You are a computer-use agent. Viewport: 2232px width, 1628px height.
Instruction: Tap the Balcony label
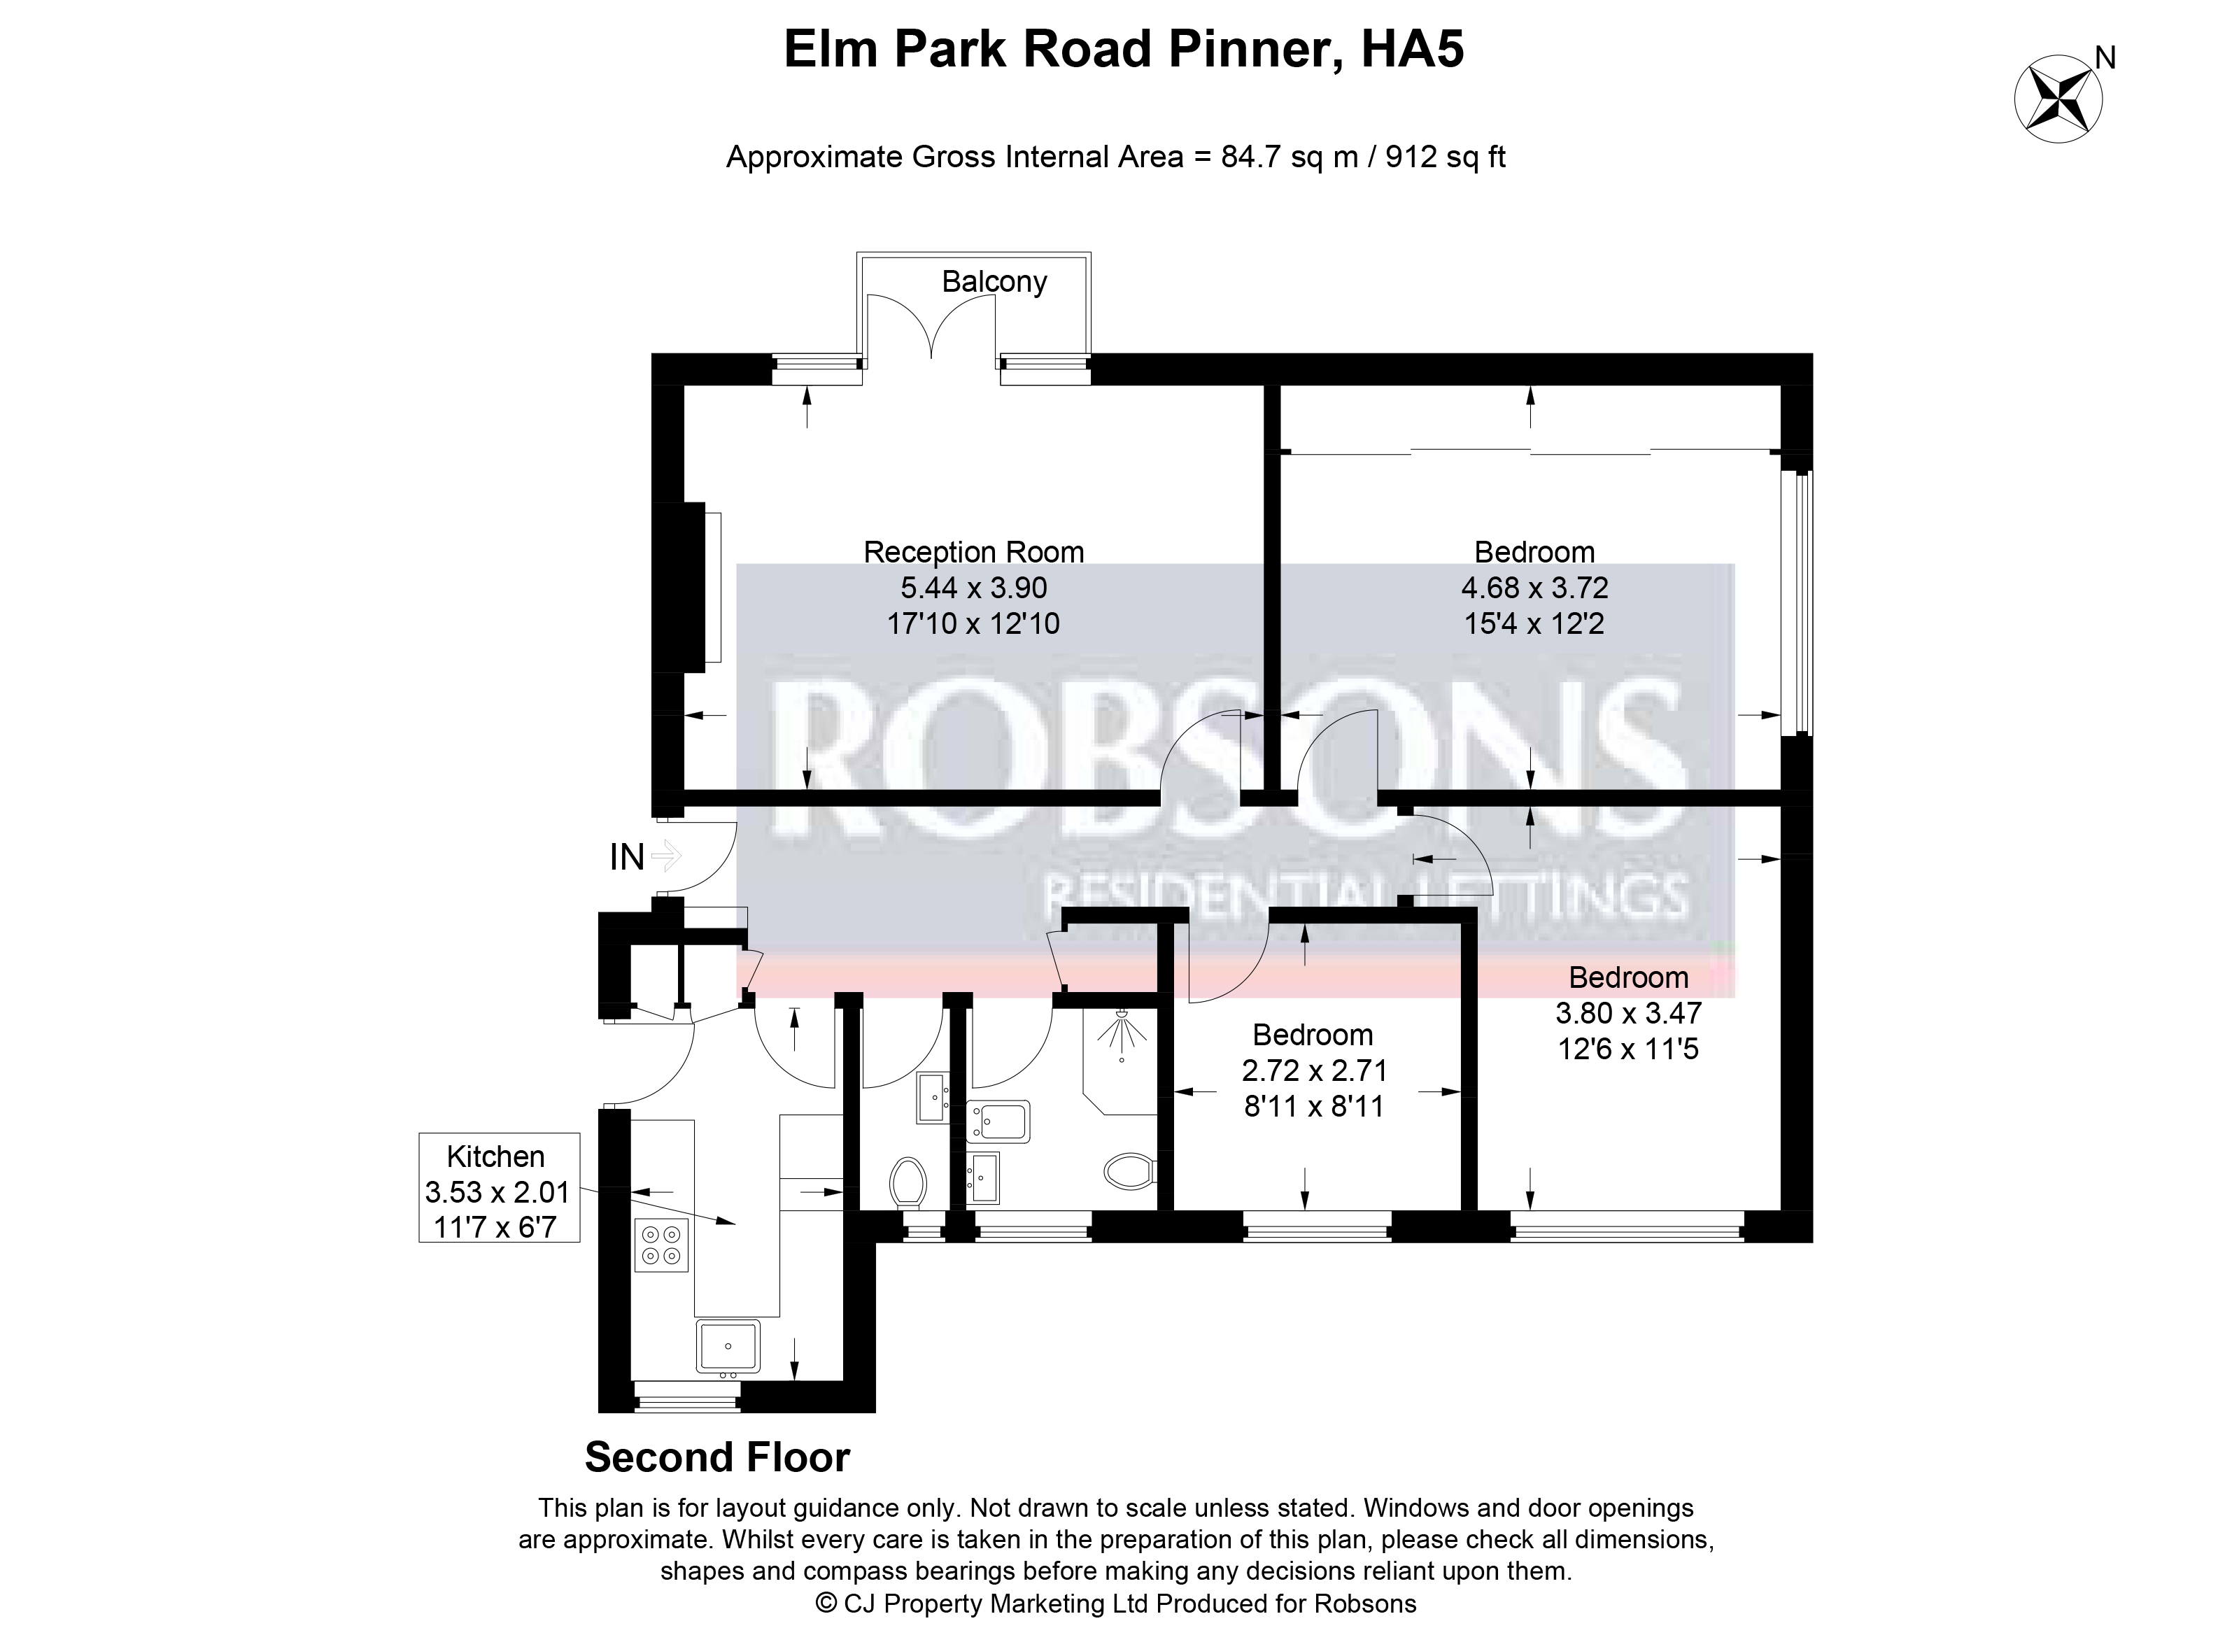click(994, 282)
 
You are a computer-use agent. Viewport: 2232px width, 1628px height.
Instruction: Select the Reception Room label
click(973, 552)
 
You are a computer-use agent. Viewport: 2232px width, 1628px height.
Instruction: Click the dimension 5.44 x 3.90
click(973, 588)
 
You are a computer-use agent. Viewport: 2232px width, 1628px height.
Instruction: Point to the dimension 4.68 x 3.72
click(1534, 588)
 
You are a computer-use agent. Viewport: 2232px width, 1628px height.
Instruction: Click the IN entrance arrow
click(666, 856)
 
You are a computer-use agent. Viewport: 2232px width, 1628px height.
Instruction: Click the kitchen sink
click(728, 1346)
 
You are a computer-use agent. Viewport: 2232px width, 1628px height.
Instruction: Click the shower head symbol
click(1122, 1035)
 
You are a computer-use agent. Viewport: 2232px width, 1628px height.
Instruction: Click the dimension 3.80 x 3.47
click(1628, 1012)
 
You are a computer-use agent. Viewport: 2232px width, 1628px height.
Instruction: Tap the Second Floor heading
click(717, 1457)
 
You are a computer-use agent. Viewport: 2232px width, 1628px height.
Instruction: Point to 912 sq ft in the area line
click(1446, 157)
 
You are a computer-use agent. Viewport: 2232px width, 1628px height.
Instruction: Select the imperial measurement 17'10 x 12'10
click(973, 623)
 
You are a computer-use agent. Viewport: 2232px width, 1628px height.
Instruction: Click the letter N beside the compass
click(2105, 59)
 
